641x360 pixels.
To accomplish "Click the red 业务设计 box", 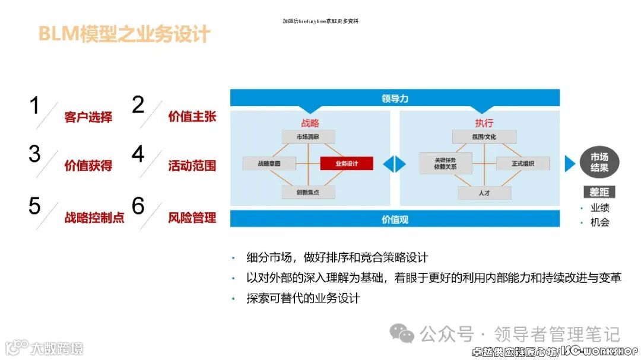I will tap(346, 164).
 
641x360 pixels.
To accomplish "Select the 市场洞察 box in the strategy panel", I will tap(307, 137).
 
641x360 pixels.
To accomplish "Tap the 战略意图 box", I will tap(269, 164).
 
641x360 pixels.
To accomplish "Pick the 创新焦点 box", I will tap(307, 192).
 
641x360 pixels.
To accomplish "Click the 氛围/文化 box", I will tap(484, 137).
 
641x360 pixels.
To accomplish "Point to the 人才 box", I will tap(484, 193).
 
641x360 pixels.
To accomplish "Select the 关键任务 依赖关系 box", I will tap(445, 163).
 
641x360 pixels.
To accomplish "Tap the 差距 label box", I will tap(599, 192).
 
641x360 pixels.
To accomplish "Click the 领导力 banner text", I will tap(395, 98).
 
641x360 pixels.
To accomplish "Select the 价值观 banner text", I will tap(395, 219).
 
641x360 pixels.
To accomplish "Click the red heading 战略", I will tap(310, 123).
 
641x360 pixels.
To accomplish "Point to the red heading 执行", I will tap(484, 123).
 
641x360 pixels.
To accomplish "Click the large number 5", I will tap(34, 206).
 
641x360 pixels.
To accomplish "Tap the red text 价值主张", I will tap(192, 116).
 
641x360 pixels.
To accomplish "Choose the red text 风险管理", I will tap(192, 218).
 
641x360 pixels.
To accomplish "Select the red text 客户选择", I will tap(88, 117).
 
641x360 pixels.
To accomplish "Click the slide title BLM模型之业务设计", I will tap(125, 34).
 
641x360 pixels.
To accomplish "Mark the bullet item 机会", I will tap(599, 222).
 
